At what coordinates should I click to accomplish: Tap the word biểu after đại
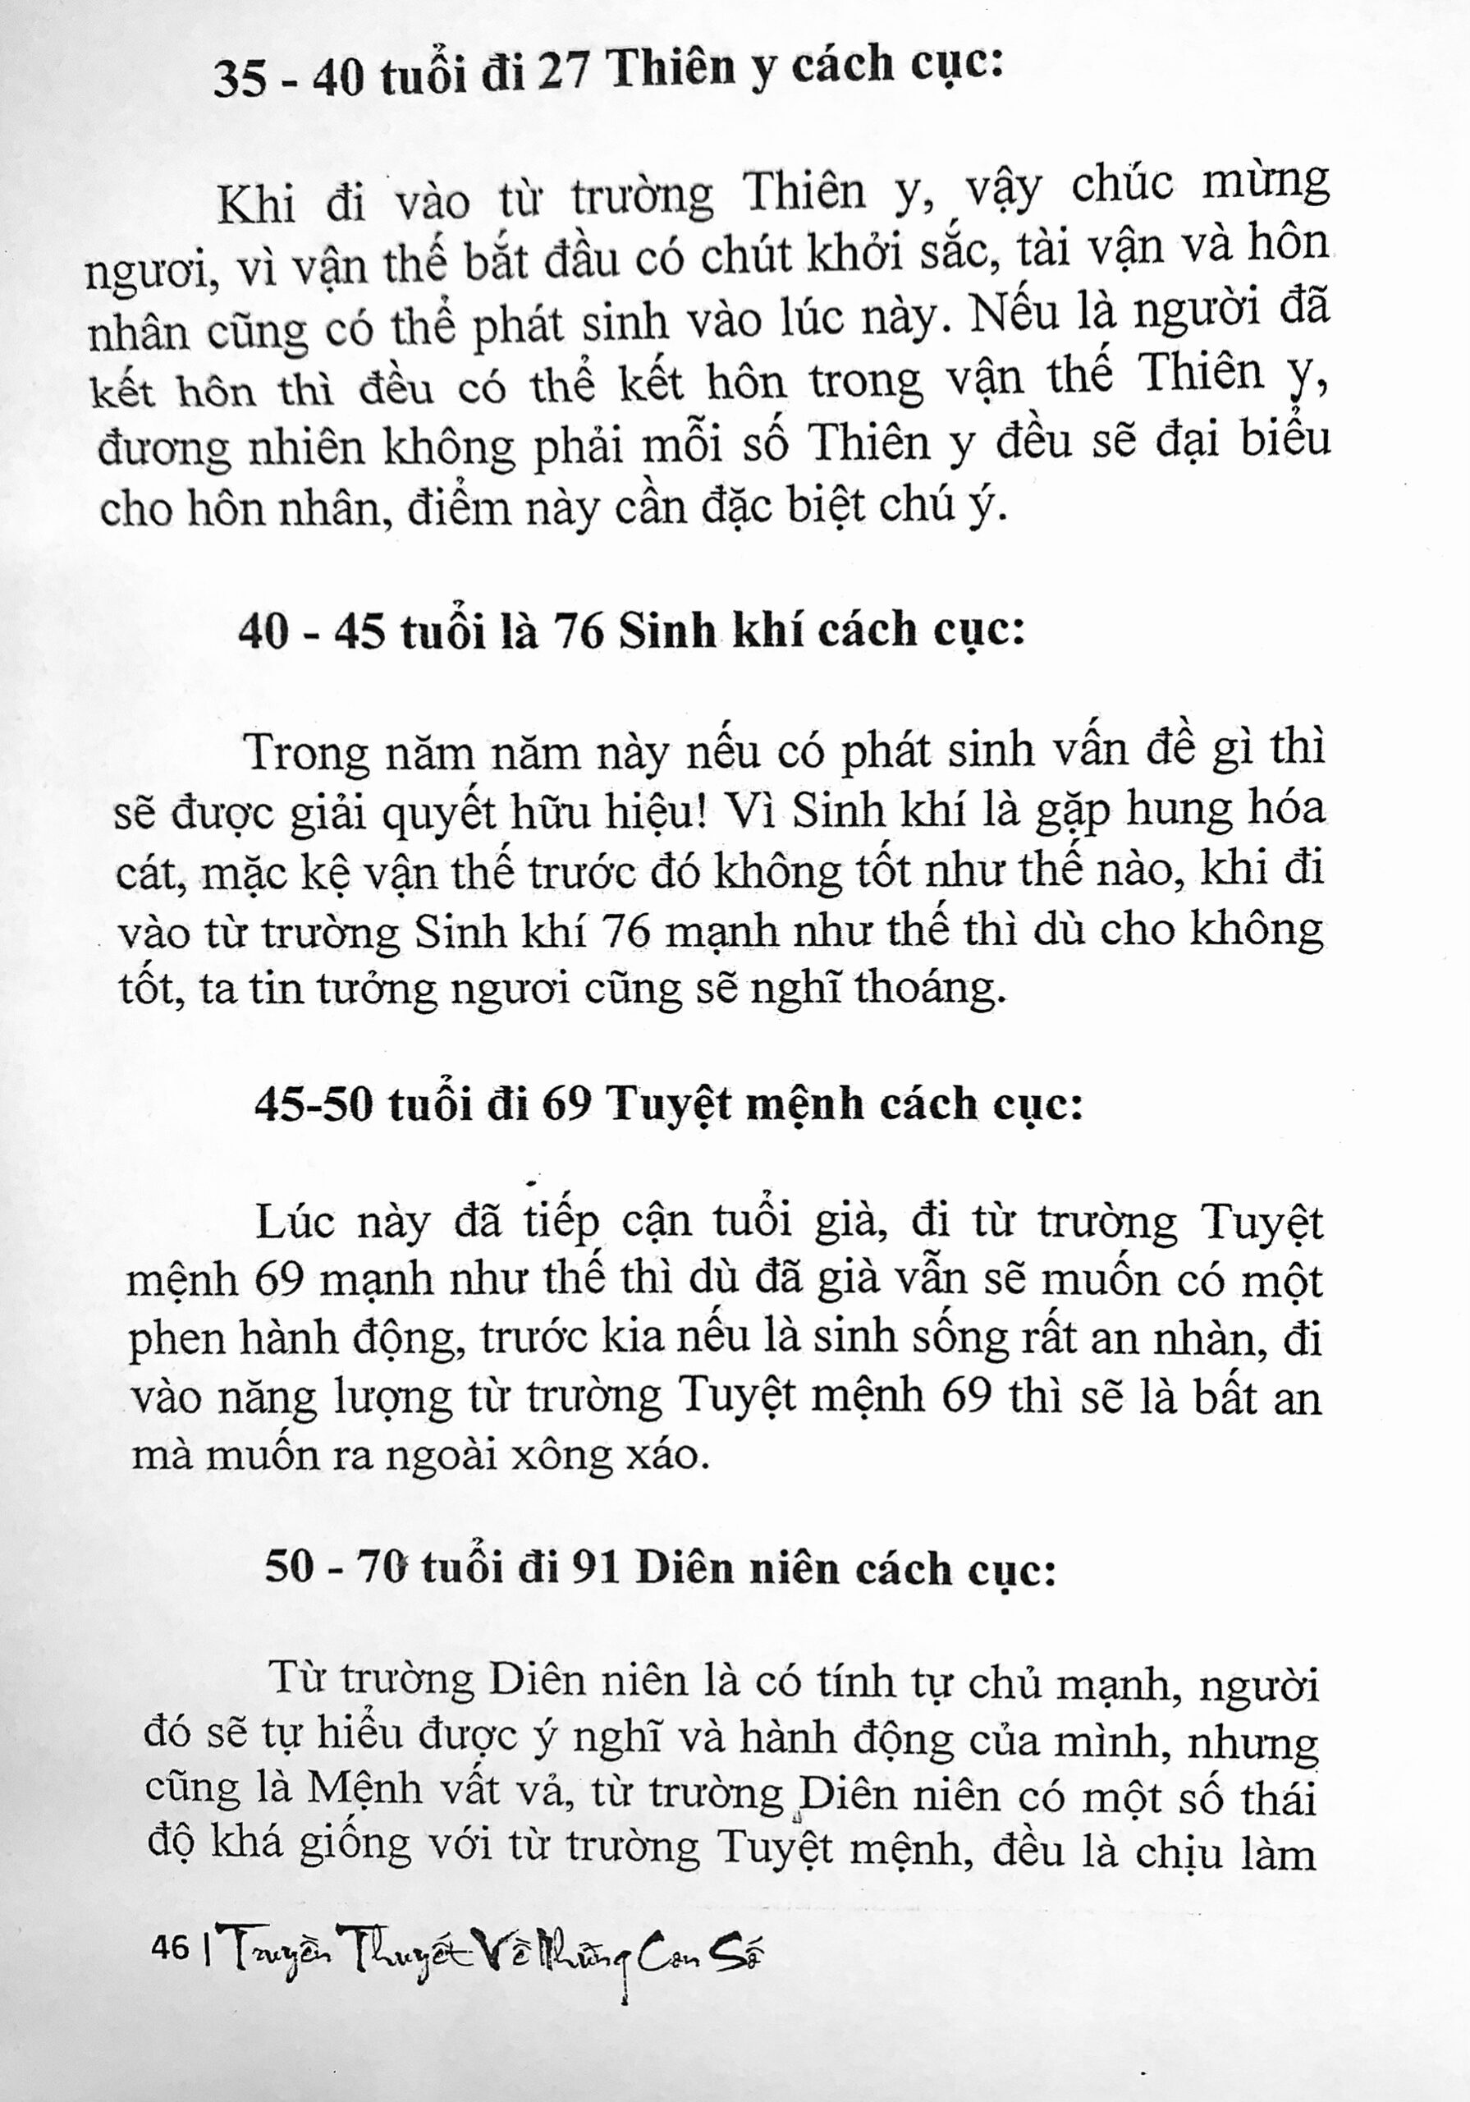(1285, 440)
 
